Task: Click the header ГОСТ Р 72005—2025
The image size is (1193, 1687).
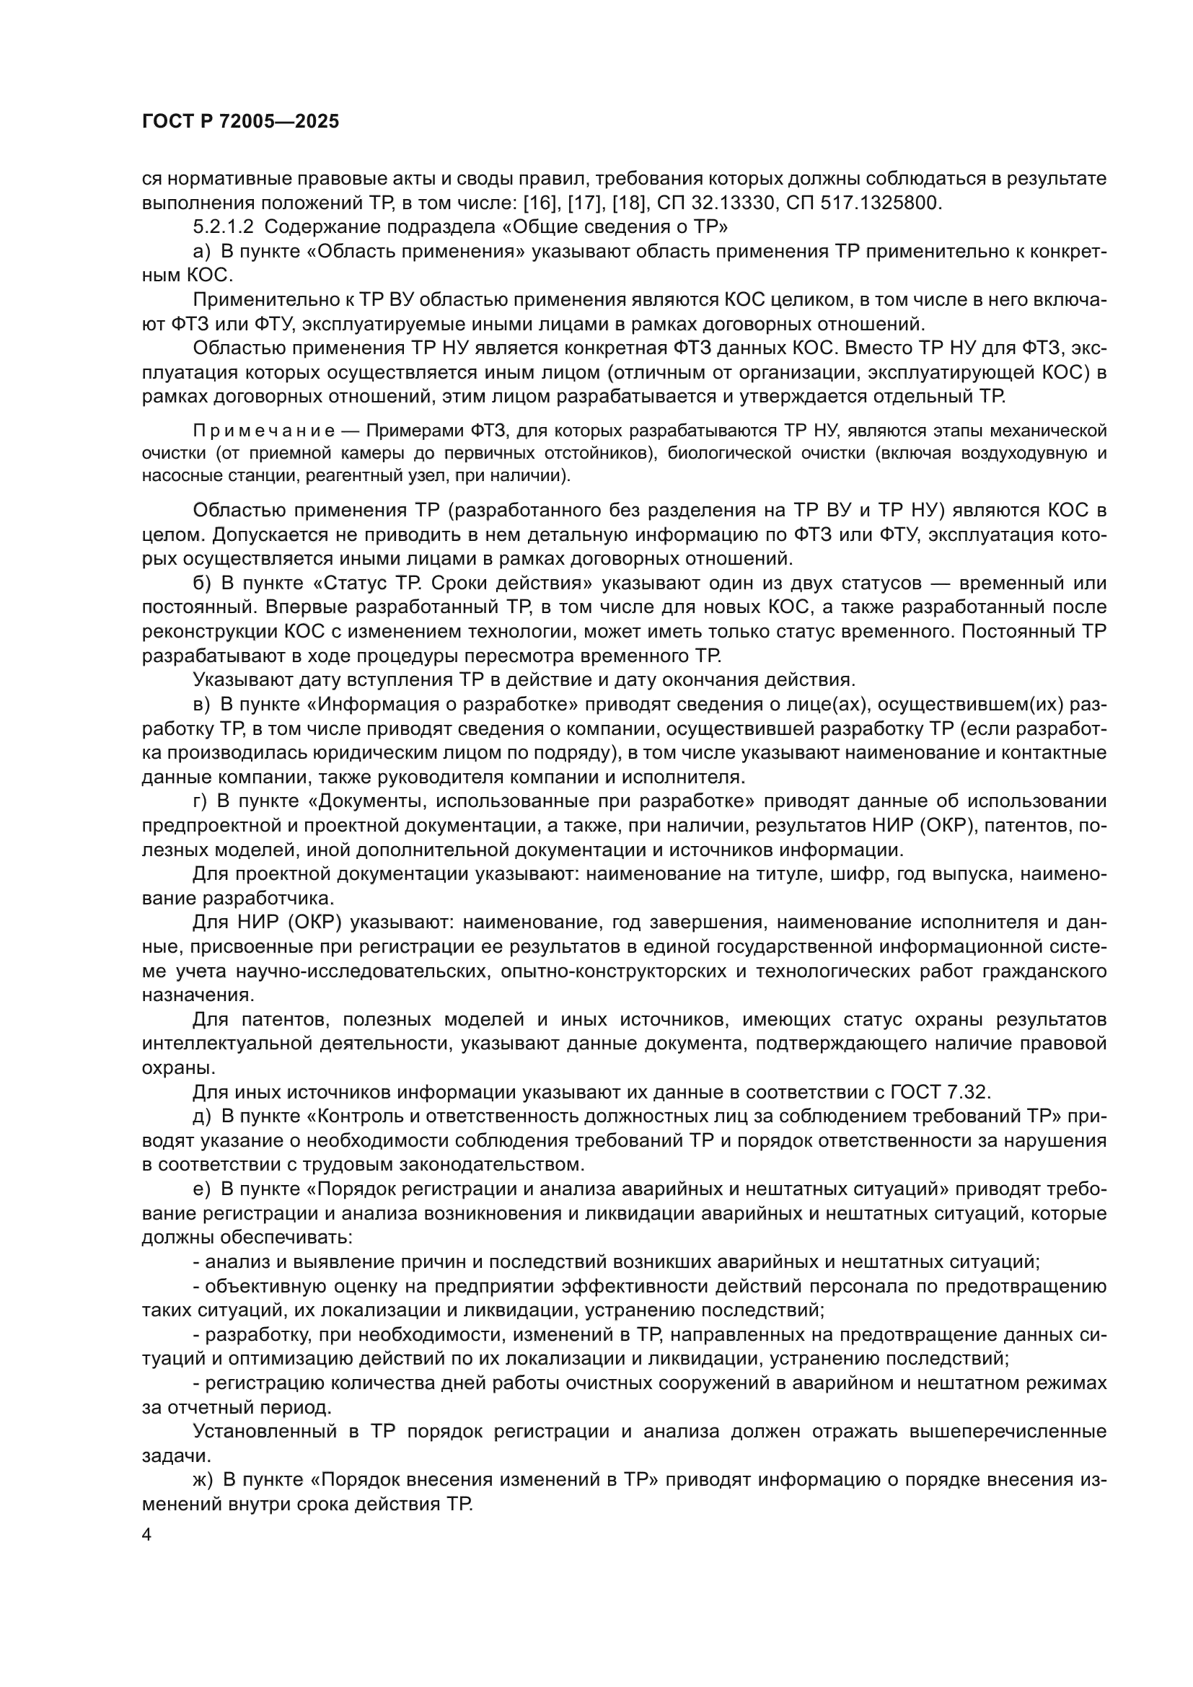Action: tap(240, 122)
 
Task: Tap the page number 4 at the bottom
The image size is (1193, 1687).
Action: tap(147, 1535)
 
